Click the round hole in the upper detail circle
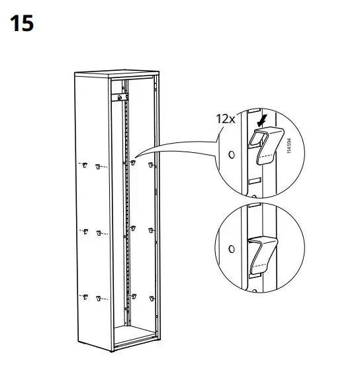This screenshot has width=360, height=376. pos(231,155)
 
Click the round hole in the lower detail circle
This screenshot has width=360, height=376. pos(231,250)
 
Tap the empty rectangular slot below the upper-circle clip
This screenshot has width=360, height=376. pos(253,180)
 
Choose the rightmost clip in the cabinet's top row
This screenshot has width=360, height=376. pos(152,164)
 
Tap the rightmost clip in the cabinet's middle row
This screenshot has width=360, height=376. pos(152,231)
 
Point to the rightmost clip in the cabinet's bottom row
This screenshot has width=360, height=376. pos(152,297)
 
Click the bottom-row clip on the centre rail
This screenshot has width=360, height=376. pos(134,295)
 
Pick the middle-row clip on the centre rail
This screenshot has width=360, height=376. pos(134,229)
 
